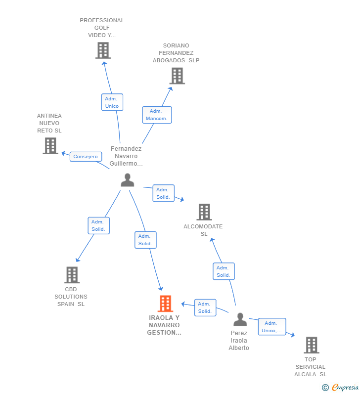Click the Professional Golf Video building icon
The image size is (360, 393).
coord(103,50)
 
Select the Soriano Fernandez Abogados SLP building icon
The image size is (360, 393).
coord(177,76)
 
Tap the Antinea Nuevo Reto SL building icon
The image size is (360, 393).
coord(50,146)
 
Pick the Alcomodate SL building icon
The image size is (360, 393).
coord(204,212)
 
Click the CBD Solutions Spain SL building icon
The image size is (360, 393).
coord(72,275)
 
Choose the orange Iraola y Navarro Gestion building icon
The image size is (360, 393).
coord(165,304)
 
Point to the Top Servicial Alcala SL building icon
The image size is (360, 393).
coord(311,345)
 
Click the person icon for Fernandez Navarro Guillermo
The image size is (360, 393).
coord(127,180)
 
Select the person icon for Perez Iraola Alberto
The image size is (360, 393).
coord(240,320)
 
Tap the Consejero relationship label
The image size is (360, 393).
coord(86,156)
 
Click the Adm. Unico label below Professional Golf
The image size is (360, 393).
coord(112,102)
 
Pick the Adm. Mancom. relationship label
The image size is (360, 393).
coord(157,115)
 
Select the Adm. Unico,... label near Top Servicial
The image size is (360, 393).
coord(271,327)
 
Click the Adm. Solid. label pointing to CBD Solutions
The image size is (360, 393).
coord(98,225)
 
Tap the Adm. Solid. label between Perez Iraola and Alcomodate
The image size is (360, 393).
coord(224,271)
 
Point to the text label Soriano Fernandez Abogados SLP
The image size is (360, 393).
coord(176,53)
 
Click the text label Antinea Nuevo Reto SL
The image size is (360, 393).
coord(49,123)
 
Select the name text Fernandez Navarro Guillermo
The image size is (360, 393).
coord(126,156)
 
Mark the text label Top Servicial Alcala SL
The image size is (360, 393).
coord(311,367)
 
